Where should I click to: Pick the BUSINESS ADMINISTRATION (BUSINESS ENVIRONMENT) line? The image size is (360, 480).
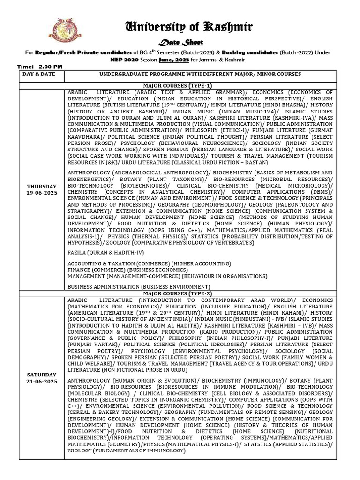139,286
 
